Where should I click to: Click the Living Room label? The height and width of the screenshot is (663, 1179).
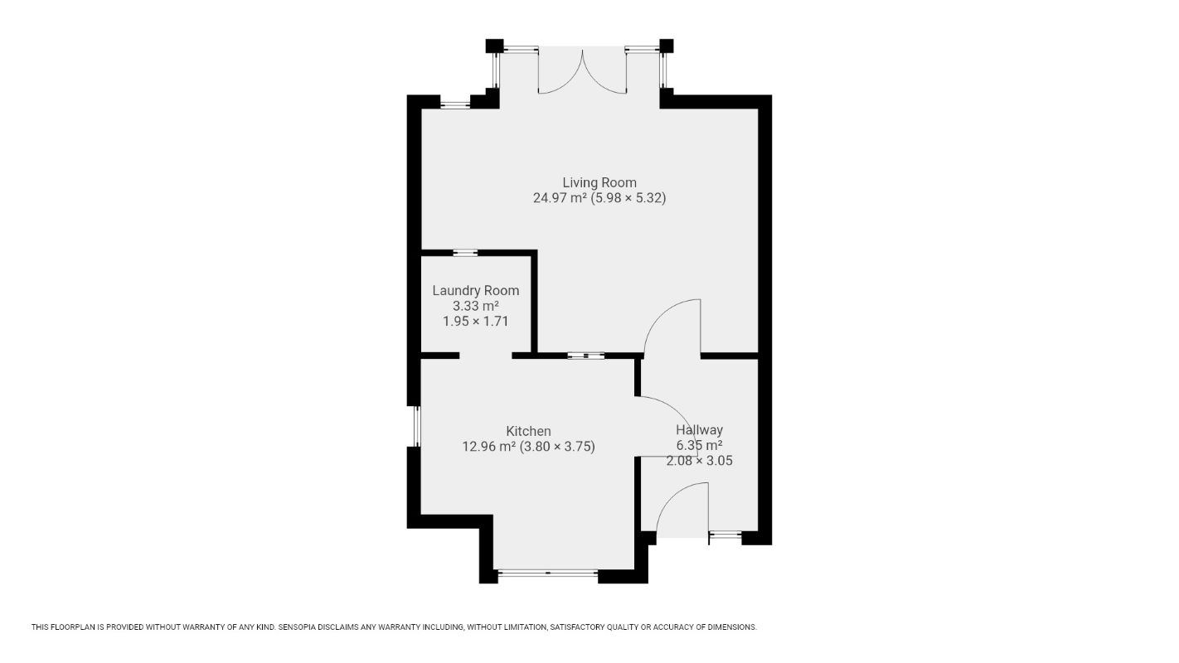pos(599,182)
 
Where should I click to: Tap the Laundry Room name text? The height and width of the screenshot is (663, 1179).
pos(475,290)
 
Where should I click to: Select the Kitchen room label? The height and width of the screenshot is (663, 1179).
pos(528,431)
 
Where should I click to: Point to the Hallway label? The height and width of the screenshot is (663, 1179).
pos(699,430)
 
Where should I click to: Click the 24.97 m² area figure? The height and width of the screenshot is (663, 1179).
pos(560,198)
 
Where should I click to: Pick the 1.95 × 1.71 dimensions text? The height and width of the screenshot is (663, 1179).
pos(475,321)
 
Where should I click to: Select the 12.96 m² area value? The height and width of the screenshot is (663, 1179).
pos(488,447)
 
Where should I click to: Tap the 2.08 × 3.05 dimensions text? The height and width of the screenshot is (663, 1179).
pos(699,461)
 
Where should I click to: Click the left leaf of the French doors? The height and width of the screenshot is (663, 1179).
pos(560,75)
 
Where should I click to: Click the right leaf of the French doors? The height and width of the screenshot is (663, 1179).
pos(605,75)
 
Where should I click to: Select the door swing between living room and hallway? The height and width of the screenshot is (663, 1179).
pos(672,327)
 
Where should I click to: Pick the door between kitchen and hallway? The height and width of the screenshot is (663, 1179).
pos(663,423)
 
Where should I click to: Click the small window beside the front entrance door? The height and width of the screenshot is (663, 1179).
pos(725,535)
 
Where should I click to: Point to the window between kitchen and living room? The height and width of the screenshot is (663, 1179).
pos(585,356)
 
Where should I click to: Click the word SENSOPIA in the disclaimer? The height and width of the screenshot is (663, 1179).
pos(299,627)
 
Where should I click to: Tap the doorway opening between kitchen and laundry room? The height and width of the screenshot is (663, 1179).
pos(485,356)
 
